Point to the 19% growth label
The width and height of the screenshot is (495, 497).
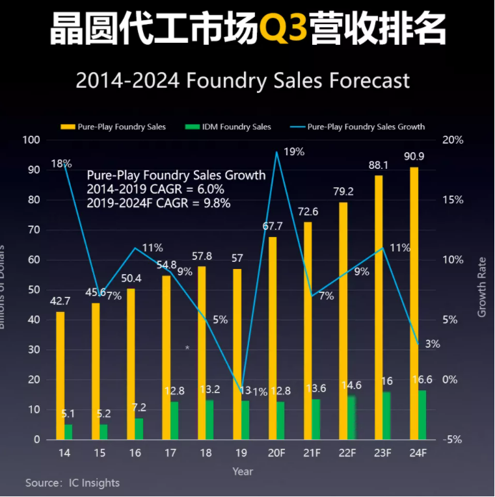294,152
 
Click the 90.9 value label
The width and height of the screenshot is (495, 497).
415,157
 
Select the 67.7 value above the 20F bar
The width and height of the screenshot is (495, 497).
272,226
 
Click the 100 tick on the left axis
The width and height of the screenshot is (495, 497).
32,140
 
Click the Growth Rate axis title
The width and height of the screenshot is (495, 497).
482,287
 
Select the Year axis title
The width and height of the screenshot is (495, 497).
243,471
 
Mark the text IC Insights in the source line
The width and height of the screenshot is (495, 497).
94,483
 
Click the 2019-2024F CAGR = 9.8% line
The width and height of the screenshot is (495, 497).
159,202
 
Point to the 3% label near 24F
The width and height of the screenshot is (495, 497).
433,344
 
